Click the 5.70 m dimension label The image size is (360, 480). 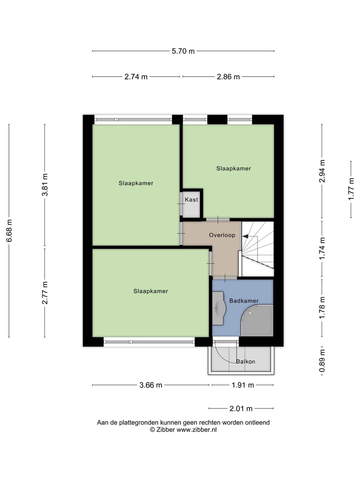coord(183,51)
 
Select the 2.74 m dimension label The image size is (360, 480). coord(136,77)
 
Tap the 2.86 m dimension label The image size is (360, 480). coord(228,77)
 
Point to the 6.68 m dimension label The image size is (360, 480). coord(9,230)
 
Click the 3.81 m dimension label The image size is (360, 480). coord(45,183)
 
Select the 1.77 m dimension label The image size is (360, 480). coord(351,188)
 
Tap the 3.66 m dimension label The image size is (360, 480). coord(150,385)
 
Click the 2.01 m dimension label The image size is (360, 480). coord(241,408)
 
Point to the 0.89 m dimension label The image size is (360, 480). coord(322,360)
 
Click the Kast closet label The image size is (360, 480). coord(191,199)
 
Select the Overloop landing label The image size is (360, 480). coord(222,234)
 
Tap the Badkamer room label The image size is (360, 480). coord(244,301)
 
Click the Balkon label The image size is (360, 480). coord(245,361)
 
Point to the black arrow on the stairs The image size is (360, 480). coord(246,235)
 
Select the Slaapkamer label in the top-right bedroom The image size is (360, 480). coord(233,168)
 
